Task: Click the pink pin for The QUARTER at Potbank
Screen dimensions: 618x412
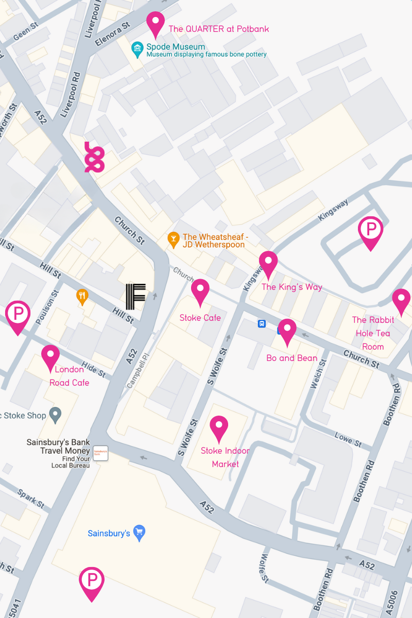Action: (156, 23)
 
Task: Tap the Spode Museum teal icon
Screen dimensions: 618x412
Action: (137, 50)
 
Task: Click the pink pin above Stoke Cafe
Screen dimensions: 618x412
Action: (200, 291)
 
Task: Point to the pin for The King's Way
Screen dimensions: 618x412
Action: (268, 263)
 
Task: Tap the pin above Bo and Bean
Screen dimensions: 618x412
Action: (287, 331)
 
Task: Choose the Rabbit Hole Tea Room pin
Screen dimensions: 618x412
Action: (401, 301)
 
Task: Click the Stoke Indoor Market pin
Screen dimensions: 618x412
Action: (219, 427)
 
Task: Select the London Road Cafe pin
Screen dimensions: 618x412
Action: (50, 357)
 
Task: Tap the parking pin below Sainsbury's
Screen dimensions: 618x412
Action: (92, 582)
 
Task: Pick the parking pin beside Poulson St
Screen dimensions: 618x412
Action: (18, 316)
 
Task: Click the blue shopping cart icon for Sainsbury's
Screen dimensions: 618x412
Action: (139, 533)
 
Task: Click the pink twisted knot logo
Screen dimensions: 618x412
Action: (94, 157)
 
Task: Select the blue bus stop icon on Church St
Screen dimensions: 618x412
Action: (262, 323)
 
